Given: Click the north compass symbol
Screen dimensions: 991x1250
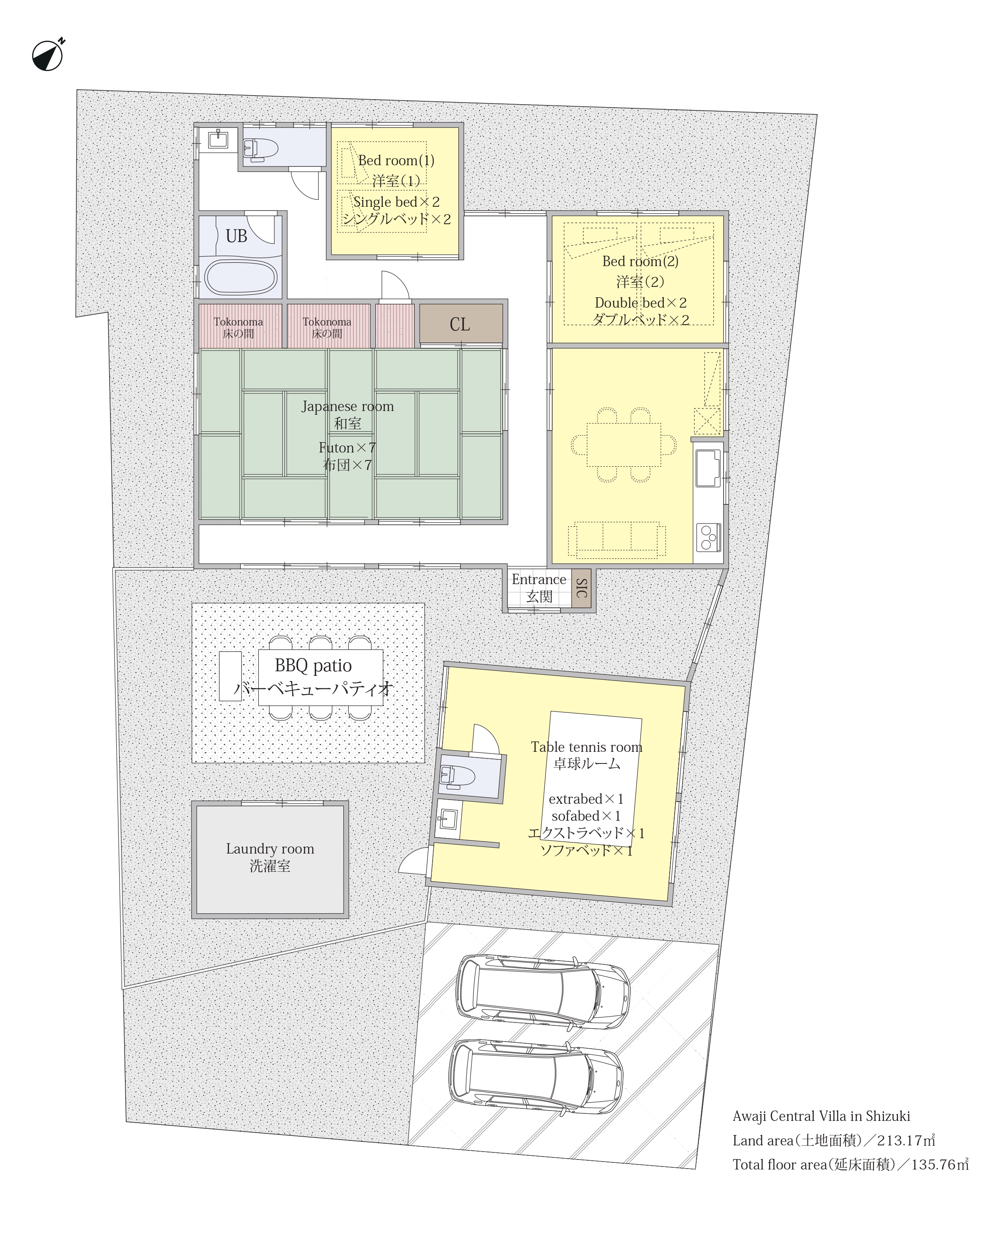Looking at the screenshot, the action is coord(48,56).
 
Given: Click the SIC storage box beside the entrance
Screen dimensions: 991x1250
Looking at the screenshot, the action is coord(582,588).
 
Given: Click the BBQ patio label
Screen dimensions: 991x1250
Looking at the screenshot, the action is coord(313,665).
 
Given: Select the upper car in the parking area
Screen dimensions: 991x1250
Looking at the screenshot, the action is coord(543,992).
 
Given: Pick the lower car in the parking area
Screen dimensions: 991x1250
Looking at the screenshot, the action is coord(535,1076).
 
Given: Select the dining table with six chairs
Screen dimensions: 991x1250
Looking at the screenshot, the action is coord(624,445).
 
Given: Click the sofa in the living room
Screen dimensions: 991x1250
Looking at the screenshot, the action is coord(617,539).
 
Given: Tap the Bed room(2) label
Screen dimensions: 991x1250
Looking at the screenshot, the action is coord(640,262).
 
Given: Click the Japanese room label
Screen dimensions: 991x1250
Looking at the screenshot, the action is coord(347,406).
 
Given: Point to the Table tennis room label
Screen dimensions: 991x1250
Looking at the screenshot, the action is coord(586,747).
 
